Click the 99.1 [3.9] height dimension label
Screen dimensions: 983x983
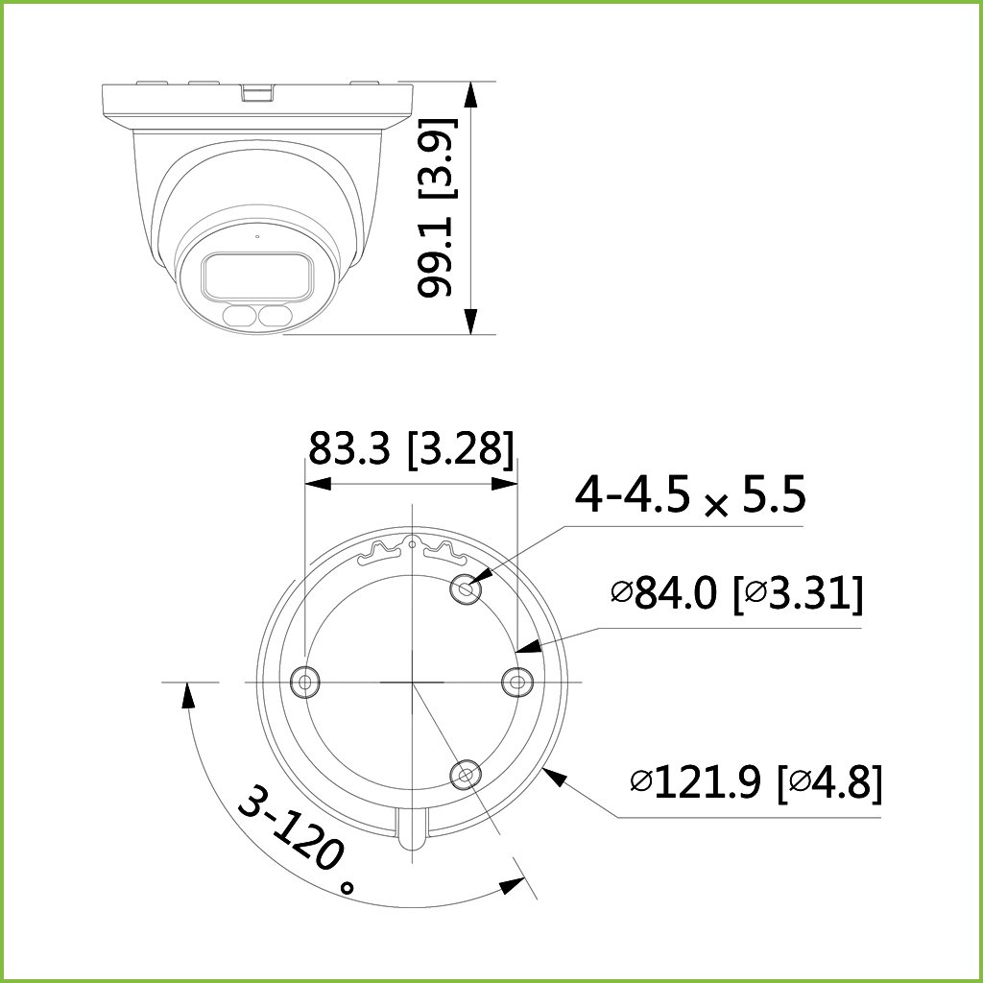pyautogui.click(x=437, y=207)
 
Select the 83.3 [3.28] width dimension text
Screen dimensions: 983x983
pyautogui.click(x=411, y=448)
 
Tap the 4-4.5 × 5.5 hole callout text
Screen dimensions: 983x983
pyautogui.click(x=689, y=495)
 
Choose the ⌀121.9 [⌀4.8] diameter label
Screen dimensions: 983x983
pyautogui.click(x=756, y=782)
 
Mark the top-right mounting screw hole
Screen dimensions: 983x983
pyautogui.click(x=466, y=588)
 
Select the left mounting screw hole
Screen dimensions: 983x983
pyautogui.click(x=304, y=682)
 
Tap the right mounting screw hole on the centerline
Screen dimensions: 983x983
pyautogui.click(x=517, y=682)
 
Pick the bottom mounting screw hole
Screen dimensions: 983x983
pyautogui.click(x=466, y=775)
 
